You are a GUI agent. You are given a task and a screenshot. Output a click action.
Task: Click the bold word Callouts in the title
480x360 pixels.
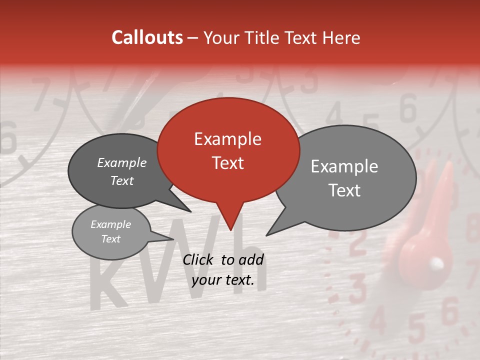click(147, 37)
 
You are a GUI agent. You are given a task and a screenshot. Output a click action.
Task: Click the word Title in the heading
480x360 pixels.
click(261, 37)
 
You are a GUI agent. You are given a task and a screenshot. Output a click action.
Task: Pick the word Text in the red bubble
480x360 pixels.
click(227, 163)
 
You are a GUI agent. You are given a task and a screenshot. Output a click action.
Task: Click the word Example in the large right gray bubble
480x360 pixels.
click(344, 166)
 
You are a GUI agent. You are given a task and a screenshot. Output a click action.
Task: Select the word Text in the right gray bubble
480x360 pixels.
click(345, 190)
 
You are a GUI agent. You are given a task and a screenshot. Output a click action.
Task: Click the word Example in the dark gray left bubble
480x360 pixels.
click(121, 162)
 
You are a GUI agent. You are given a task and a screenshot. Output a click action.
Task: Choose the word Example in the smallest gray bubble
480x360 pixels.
click(110, 224)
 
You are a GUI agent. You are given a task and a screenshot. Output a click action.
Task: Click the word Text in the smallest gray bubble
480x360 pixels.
click(110, 239)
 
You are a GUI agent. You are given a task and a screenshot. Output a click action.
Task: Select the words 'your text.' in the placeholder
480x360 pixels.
click(223, 280)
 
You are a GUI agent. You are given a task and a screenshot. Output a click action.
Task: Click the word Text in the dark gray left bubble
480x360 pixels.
click(121, 180)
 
